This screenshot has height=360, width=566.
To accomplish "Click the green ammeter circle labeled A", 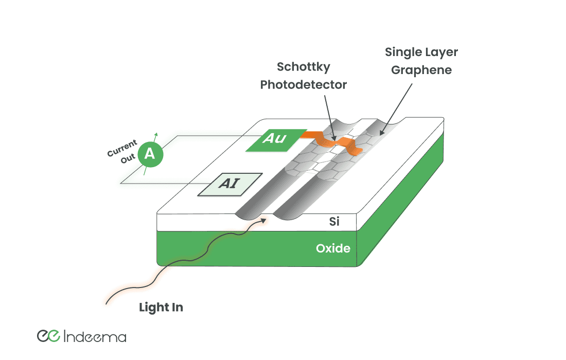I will (x=150, y=154).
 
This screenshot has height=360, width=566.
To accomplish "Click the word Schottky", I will (x=304, y=67).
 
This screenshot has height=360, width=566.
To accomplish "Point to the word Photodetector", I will (x=304, y=84).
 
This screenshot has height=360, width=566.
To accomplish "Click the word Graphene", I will (x=421, y=70).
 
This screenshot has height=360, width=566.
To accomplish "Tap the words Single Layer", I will (x=421, y=52).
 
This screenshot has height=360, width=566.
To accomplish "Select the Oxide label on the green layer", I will (x=333, y=249).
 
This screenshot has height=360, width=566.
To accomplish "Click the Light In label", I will (x=161, y=308).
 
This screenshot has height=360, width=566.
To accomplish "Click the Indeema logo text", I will (x=95, y=337).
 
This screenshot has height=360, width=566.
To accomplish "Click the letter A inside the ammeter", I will (x=150, y=154).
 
